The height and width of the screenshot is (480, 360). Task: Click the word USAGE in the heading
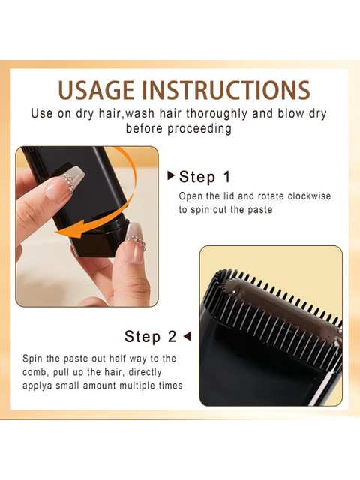[96, 90]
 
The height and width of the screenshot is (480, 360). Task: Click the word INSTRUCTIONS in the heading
[226, 90]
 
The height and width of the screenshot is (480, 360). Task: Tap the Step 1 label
[205, 177]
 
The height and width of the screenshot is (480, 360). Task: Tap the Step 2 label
[150, 336]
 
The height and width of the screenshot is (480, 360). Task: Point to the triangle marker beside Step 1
[171, 175]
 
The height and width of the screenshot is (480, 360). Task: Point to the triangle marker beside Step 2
[187, 336]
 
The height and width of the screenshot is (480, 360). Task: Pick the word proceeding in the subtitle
[199, 128]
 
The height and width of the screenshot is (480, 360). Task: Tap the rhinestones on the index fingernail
[68, 182]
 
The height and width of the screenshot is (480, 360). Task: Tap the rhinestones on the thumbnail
[136, 241]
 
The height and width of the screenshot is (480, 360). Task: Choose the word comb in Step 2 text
[34, 372]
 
